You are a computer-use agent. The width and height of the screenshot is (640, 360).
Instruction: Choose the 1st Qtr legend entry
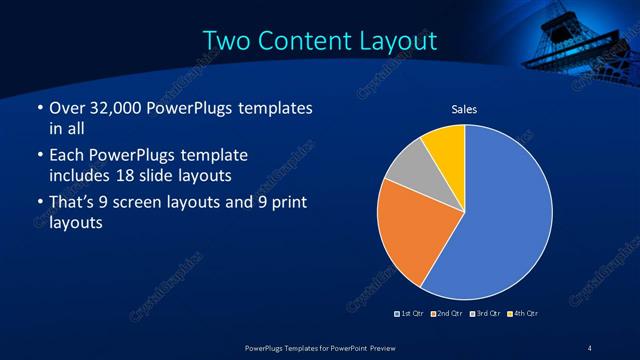click(408, 314)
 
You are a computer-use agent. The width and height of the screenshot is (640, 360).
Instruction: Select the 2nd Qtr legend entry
click(444, 314)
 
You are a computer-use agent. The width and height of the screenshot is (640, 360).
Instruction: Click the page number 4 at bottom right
click(590, 347)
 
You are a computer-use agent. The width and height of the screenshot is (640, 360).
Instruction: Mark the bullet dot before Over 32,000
click(38, 108)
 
